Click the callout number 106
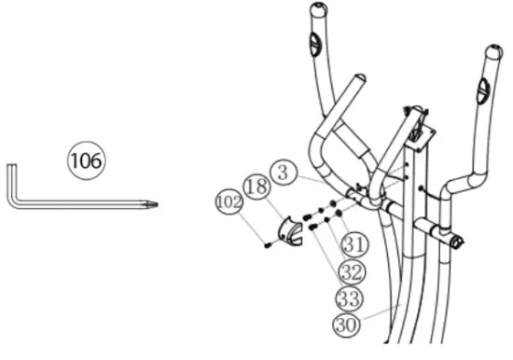coord(86,160)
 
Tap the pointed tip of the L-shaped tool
coord(154,203)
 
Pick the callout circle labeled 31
coord(350,244)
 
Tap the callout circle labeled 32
coord(350,273)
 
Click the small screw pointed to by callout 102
coord(269,245)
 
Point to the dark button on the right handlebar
coord(482,90)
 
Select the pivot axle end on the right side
coord(457,241)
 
